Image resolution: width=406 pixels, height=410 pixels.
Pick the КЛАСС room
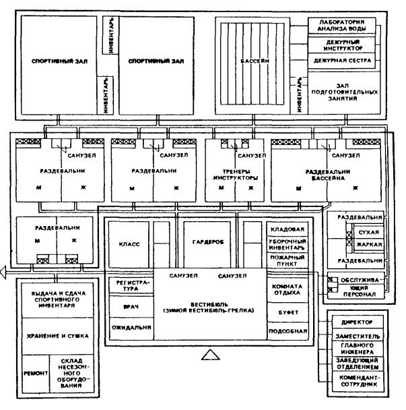click(x=129, y=245)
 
